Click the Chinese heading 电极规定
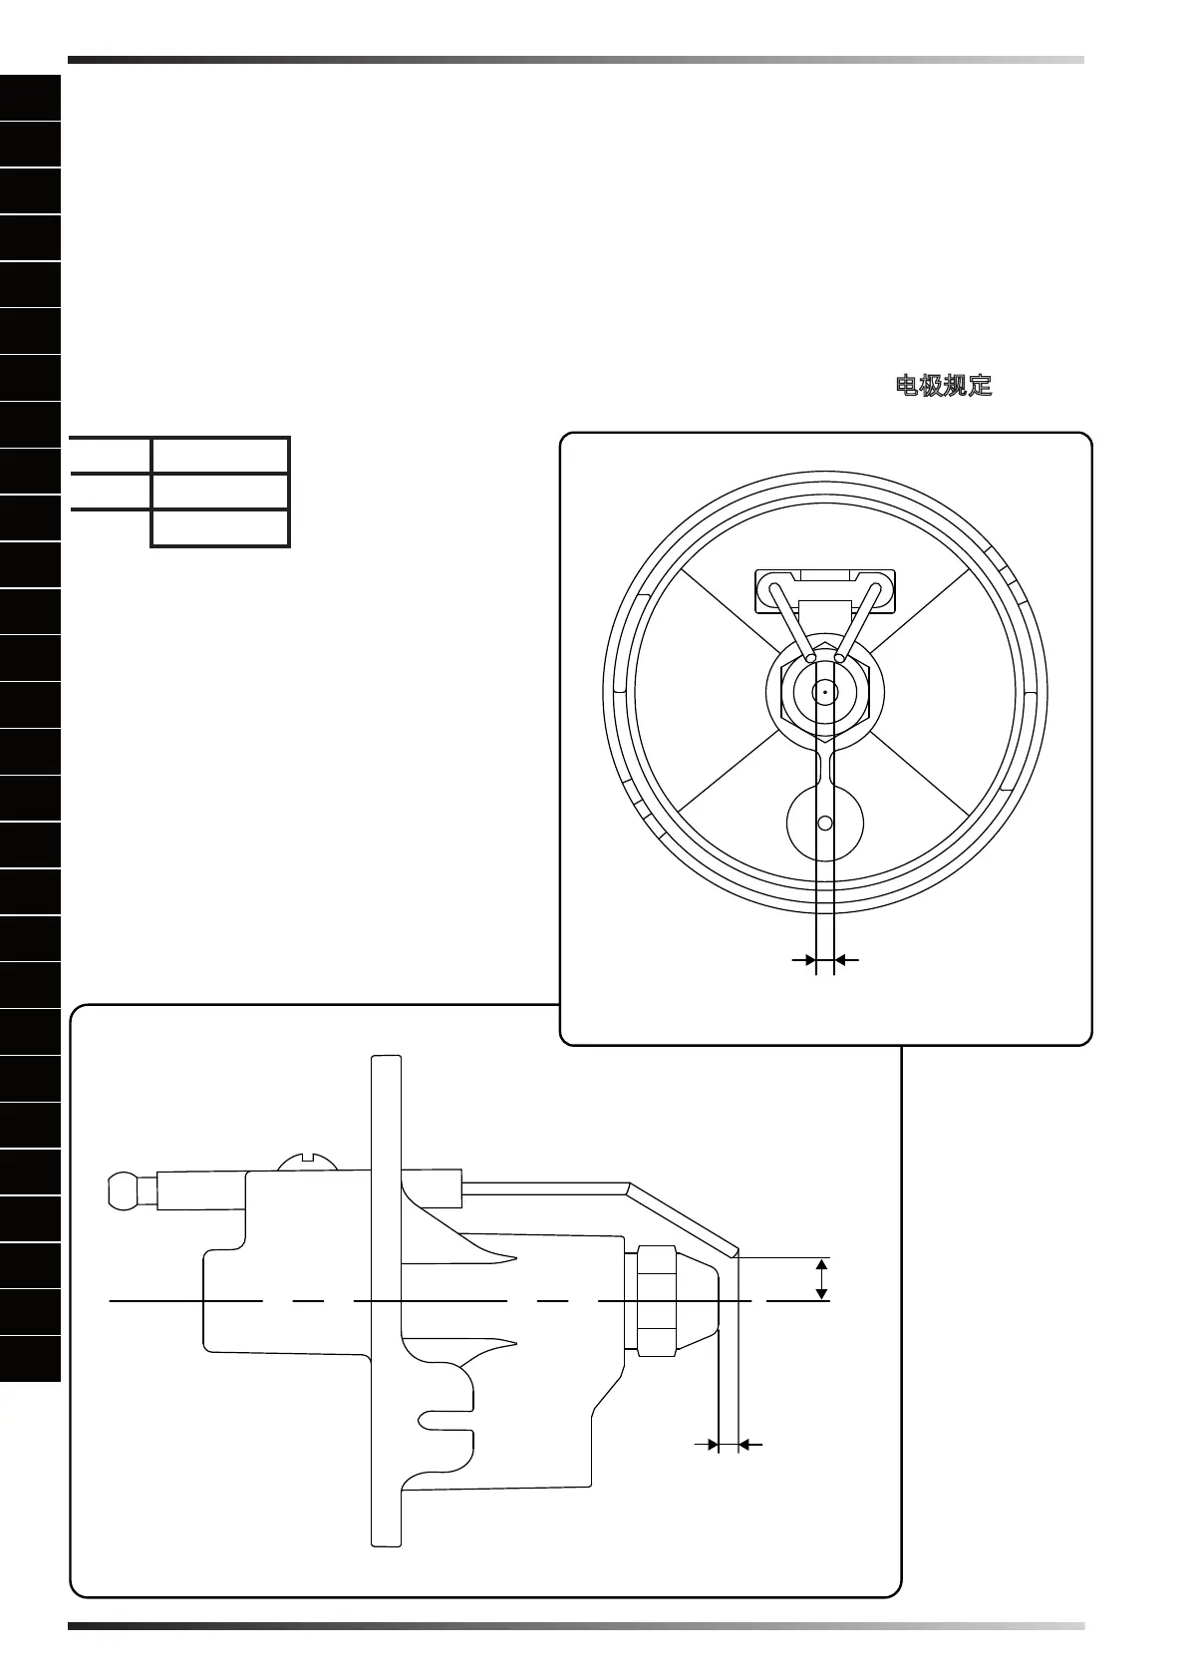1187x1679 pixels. click(944, 386)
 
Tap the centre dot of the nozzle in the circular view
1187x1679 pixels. click(825, 692)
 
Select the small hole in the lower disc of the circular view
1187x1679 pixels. click(824, 824)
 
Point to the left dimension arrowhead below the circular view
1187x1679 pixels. click(808, 960)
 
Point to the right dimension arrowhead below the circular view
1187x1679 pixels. click(841, 960)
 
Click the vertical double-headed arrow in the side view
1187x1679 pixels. click(821, 1279)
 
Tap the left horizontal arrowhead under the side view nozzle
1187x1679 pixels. click(712, 1443)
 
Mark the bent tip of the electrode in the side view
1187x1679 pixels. click(734, 1251)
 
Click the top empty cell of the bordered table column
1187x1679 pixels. click(220, 455)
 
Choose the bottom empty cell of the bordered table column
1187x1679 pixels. click(220, 527)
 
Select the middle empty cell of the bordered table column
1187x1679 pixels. click(220, 491)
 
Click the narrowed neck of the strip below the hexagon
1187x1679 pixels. click(825, 768)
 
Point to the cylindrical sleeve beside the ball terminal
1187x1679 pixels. click(200, 1189)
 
